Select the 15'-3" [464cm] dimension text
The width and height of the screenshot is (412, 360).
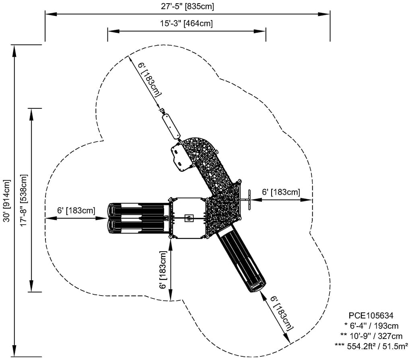186,23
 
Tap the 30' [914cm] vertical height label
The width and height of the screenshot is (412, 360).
6,201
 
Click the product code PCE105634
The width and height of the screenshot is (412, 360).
371,315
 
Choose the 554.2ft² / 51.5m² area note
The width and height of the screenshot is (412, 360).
371,345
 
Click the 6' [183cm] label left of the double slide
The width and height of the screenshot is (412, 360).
76,210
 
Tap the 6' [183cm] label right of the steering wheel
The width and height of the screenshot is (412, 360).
281,192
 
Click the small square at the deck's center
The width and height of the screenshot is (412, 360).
188,218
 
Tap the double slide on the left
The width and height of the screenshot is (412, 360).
137,218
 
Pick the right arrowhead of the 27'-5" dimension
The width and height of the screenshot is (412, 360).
326,14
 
